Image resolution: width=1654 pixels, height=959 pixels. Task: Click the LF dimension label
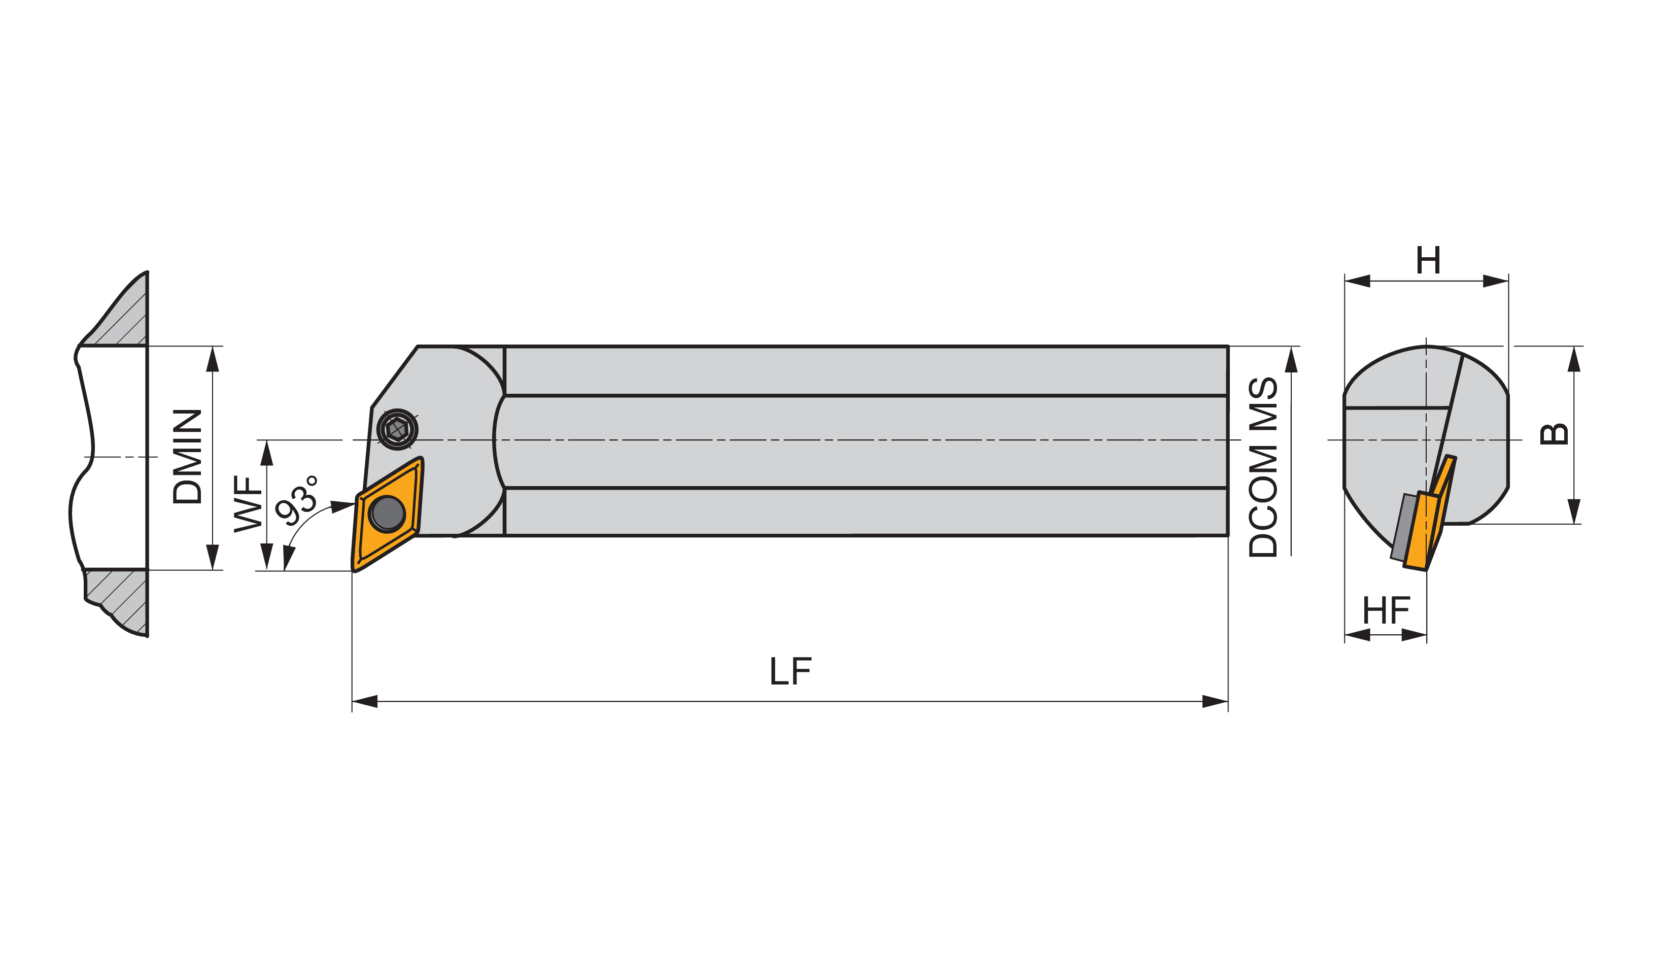tap(790, 671)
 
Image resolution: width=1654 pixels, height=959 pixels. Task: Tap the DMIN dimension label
tap(187, 457)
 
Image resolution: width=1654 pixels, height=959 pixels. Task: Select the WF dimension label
tap(248, 504)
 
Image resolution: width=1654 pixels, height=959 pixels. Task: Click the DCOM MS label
tap(1263, 467)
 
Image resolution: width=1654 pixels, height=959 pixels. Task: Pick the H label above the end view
tap(1428, 260)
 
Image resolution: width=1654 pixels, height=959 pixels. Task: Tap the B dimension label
tap(1554, 434)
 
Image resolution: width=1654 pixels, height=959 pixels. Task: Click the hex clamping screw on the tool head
tap(398, 430)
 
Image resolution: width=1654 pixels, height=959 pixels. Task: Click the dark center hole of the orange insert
tap(387, 513)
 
